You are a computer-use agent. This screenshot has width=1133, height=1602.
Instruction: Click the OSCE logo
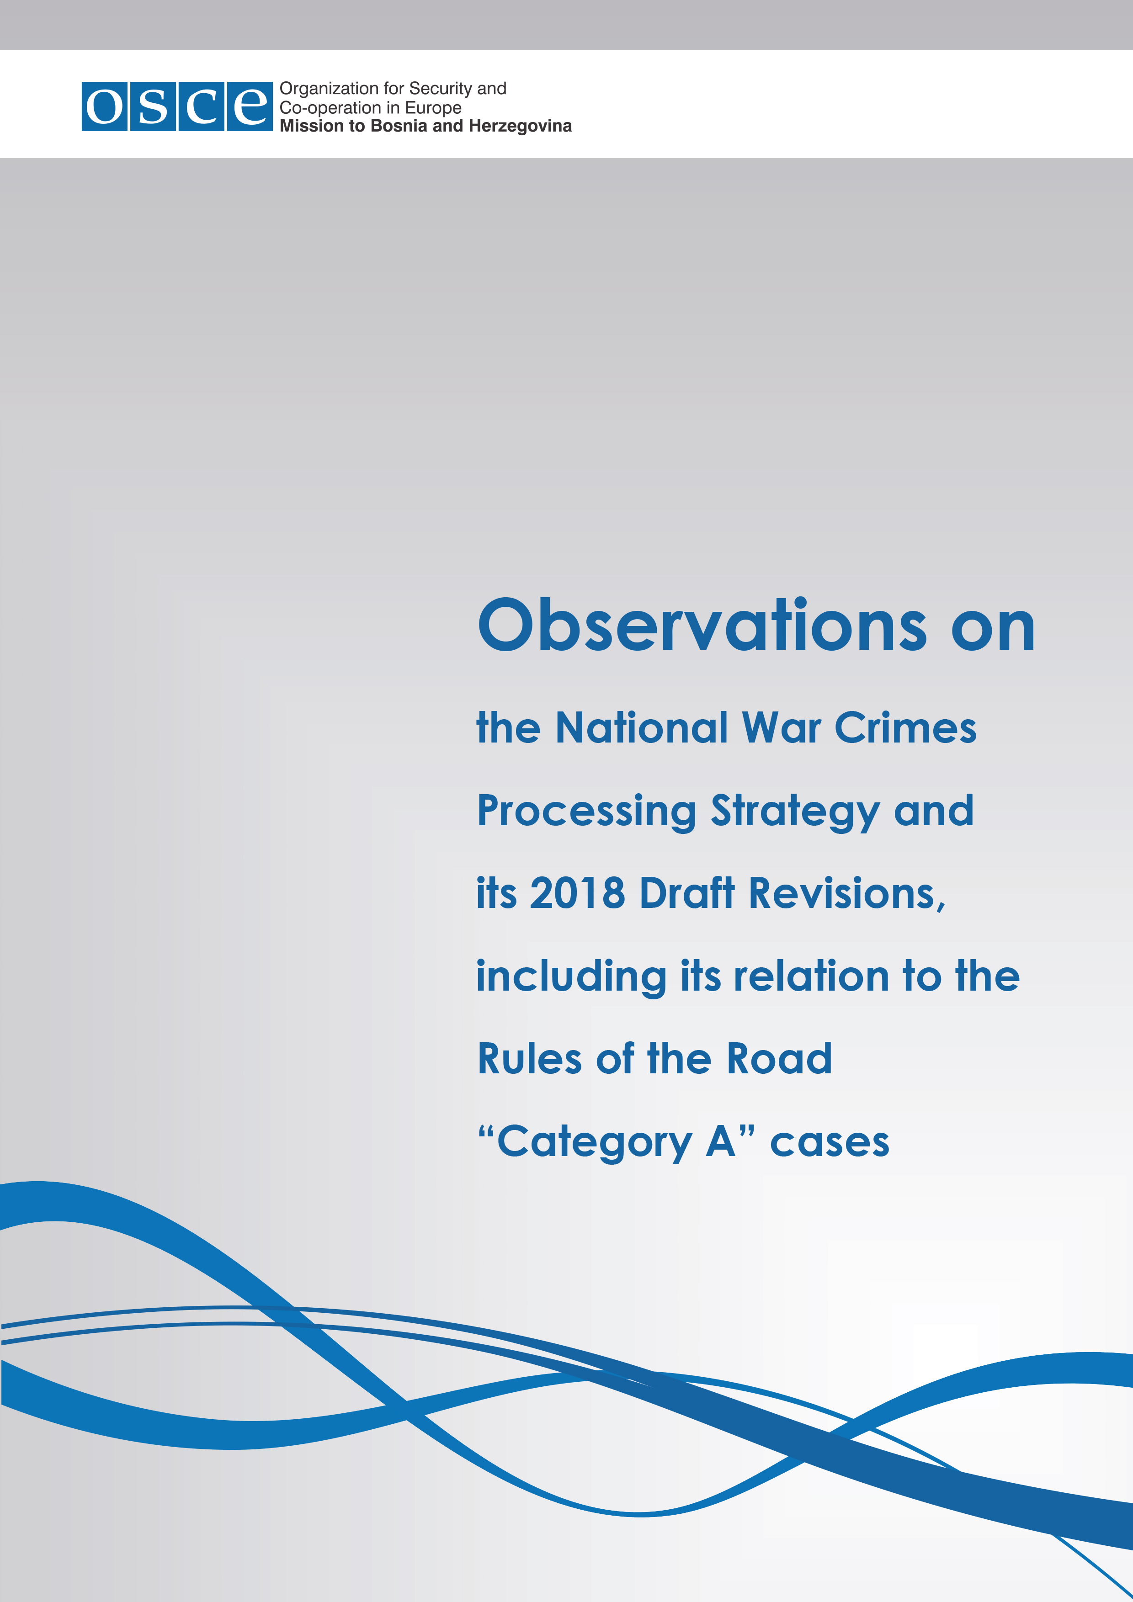pyautogui.click(x=176, y=106)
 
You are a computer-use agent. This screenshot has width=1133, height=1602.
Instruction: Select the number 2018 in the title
pyautogui.click(x=577, y=893)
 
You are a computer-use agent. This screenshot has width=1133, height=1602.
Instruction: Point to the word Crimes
pyautogui.click(x=905, y=728)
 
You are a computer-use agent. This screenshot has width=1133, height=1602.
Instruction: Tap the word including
pyautogui.click(x=571, y=977)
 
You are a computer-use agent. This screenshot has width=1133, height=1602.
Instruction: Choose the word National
pyautogui.click(x=642, y=728)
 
